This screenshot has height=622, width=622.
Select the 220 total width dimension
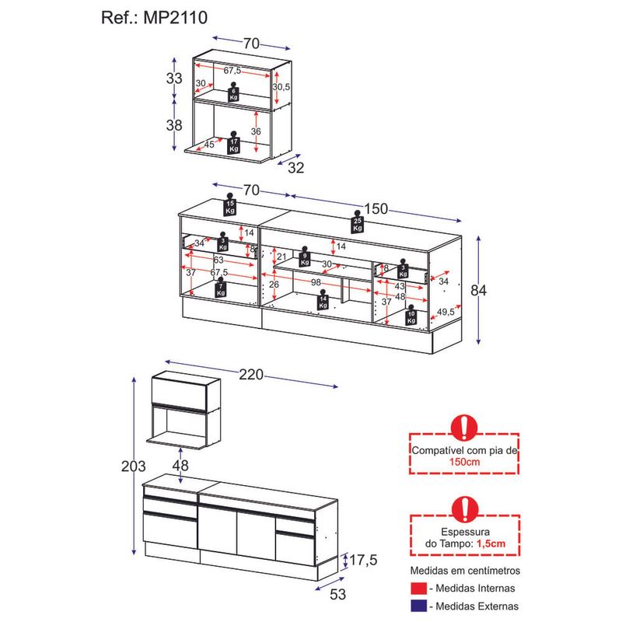(x=251, y=375)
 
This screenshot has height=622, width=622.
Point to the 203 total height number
(x=135, y=466)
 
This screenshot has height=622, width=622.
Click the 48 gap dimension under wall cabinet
(x=180, y=466)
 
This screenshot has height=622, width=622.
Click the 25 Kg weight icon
(x=358, y=223)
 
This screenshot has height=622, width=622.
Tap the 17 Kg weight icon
(x=233, y=143)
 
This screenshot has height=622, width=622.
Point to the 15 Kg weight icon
(x=230, y=204)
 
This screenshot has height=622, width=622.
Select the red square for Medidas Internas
(x=419, y=589)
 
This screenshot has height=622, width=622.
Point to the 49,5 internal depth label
(x=446, y=313)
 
